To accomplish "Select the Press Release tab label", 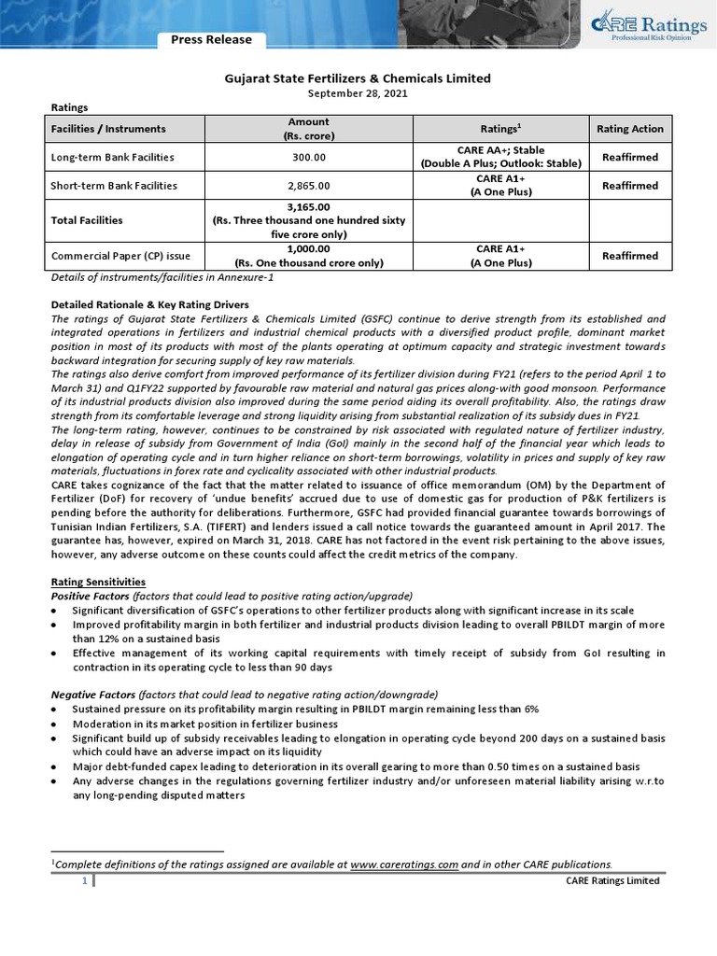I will click(x=210, y=40).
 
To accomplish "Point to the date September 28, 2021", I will click(x=358, y=94).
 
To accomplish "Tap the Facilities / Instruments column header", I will click(x=109, y=129).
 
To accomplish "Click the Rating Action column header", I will click(x=629, y=129).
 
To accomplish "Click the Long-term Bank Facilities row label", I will click(x=112, y=158).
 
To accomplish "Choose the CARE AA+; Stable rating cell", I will click(x=500, y=150).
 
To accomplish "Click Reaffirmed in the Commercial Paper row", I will click(x=629, y=256).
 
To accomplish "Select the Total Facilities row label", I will click(x=87, y=220).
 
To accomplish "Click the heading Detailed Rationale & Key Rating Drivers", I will click(x=150, y=305).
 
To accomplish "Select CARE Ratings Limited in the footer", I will click(x=612, y=881).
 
